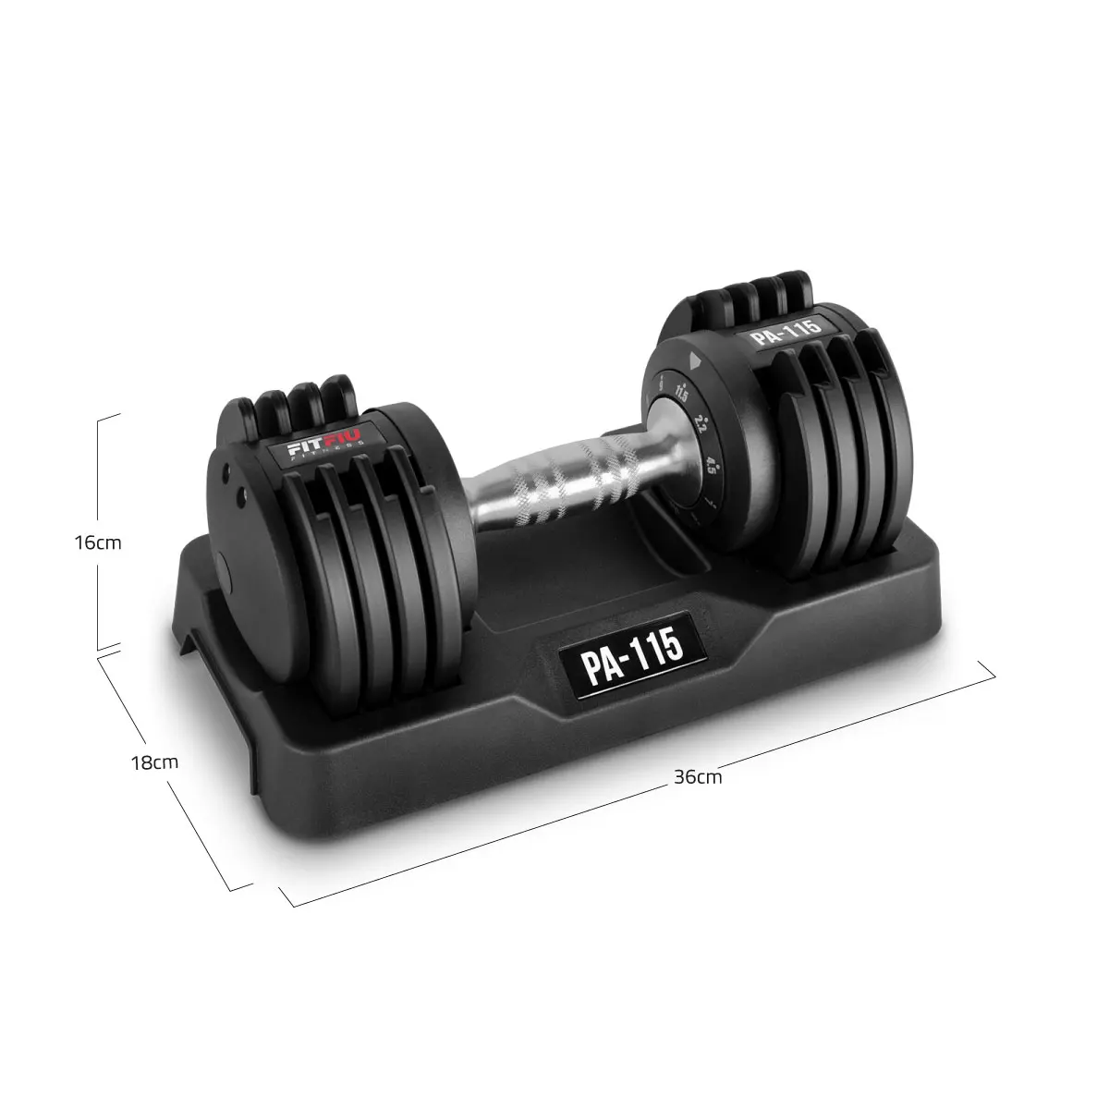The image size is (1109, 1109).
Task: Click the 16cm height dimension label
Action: pos(97,542)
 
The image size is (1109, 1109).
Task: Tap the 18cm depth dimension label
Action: pos(154,762)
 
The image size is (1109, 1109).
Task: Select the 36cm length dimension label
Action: pos(698,777)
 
